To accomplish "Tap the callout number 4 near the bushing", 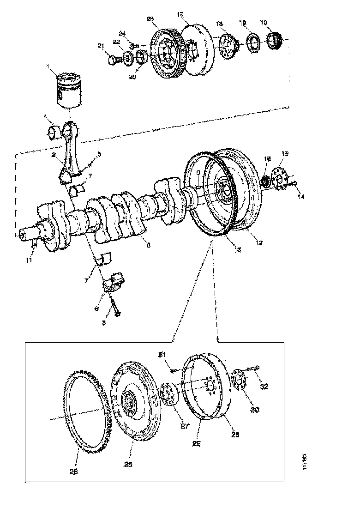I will (46, 116).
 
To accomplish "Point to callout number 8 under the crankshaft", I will (148, 246).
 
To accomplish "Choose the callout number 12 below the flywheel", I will (259, 242).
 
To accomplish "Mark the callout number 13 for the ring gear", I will (238, 250).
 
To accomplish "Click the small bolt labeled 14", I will (294, 185).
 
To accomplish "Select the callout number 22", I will (117, 42).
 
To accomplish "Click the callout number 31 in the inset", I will (162, 355).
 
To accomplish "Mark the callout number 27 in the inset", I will (185, 426).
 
